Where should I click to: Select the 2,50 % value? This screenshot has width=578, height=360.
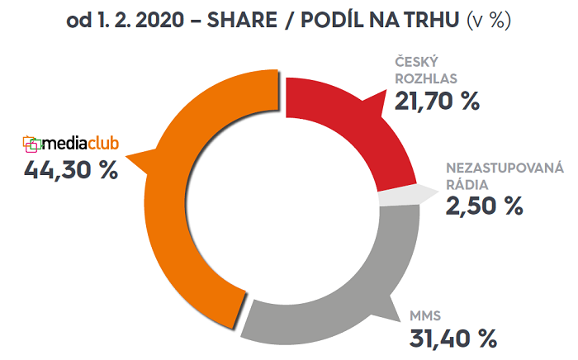pos(485,206)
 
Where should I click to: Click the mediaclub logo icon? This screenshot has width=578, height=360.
pos(31,144)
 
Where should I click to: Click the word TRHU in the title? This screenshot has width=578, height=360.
pos(433,21)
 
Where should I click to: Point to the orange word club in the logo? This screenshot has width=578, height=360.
pos(103,144)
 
